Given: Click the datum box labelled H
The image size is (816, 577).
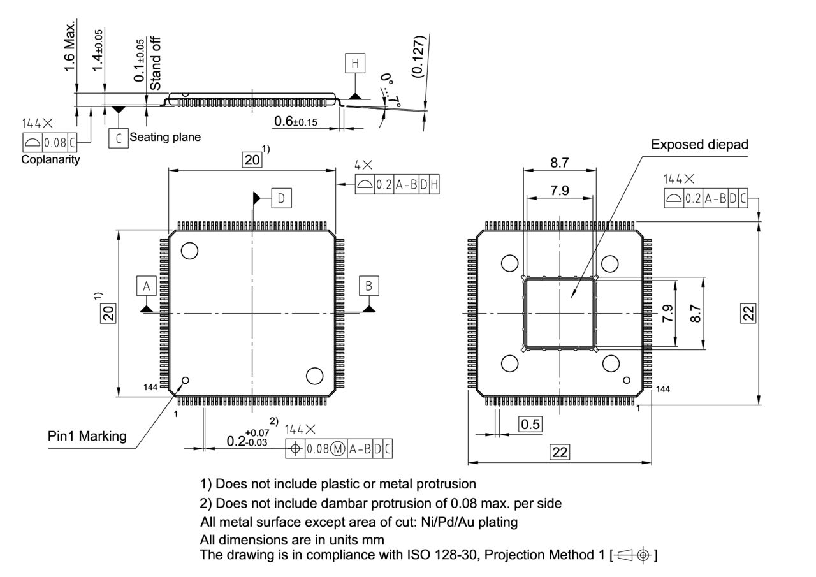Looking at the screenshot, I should click(355, 63).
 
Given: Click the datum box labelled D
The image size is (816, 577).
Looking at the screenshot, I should click(280, 198).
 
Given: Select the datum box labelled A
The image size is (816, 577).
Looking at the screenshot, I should click(146, 286).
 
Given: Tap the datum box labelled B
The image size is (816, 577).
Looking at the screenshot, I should click(368, 286).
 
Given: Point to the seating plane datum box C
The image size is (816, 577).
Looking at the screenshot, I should click(118, 138).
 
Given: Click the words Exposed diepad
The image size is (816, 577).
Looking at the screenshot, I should click(699, 145).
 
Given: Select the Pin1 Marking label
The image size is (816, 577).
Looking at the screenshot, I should click(87, 436).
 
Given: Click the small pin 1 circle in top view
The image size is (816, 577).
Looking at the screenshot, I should click(186, 381).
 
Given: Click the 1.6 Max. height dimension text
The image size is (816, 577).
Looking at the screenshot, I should click(70, 48).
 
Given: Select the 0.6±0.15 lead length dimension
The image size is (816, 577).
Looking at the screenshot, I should click(296, 121).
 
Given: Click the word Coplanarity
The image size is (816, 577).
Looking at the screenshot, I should click(51, 159).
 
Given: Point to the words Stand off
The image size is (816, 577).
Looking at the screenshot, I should click(155, 63).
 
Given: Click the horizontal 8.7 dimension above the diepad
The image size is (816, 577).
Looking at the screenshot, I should click(560, 163).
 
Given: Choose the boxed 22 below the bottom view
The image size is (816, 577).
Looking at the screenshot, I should click(560, 452).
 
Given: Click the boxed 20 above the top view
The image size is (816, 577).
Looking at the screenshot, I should click(252, 159).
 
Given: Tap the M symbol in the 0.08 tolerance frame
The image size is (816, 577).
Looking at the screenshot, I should click(338, 449).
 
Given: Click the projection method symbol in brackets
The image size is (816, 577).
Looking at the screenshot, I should click(634, 555).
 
